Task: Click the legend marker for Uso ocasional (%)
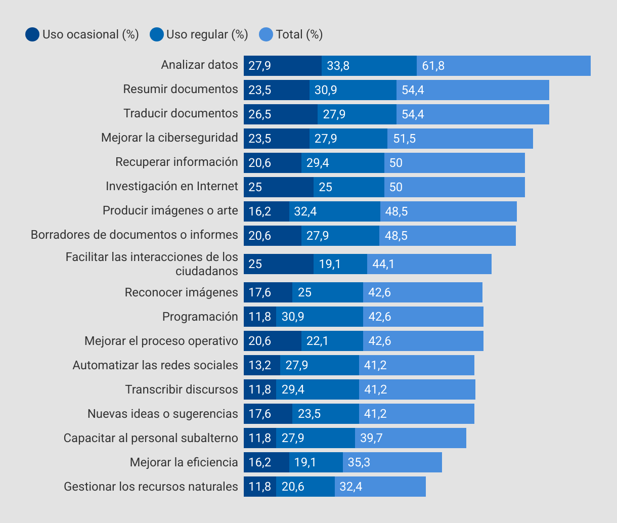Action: pyautogui.click(x=32, y=34)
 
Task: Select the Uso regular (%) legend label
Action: pyautogui.click(x=207, y=34)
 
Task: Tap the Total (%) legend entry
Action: pyautogui.click(x=299, y=34)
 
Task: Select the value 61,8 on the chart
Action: pyautogui.click(x=433, y=66)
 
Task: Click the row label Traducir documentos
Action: pyautogui.click(x=181, y=113)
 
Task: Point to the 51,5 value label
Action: pyautogui.click(x=405, y=139)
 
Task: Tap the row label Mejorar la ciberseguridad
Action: pyautogui.click(x=169, y=138)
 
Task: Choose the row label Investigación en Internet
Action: pyautogui.click(x=171, y=186)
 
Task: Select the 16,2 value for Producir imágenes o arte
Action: pyautogui.click(x=260, y=211)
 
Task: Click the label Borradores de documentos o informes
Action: pyautogui.click(x=134, y=235)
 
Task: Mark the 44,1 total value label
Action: pyautogui.click(x=383, y=264)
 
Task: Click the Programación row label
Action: pyautogui.click(x=200, y=317)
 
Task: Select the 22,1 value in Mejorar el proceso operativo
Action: pyautogui.click(x=318, y=341)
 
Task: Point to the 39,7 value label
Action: pyautogui.click(x=371, y=438)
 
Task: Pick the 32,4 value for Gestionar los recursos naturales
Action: pyautogui.click(x=351, y=487)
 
